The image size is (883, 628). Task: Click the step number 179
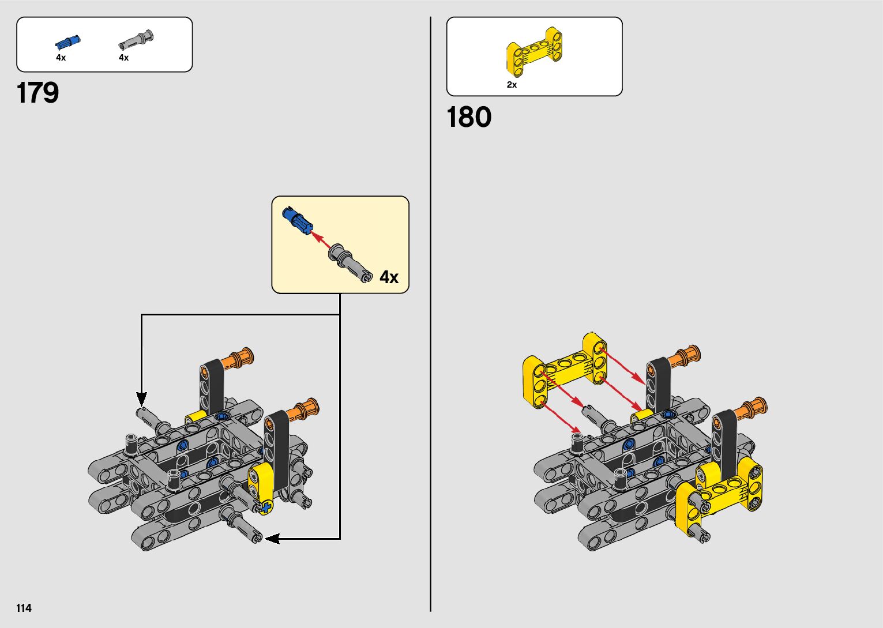click(x=38, y=93)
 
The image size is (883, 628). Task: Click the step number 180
click(x=469, y=117)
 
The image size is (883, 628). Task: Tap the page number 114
click(x=24, y=608)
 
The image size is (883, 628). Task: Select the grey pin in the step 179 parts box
click(x=137, y=40)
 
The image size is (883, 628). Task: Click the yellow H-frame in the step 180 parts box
click(x=534, y=52)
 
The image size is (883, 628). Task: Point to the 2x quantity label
click(x=512, y=85)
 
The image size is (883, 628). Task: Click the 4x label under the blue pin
click(x=61, y=58)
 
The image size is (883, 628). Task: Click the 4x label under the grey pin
click(x=123, y=58)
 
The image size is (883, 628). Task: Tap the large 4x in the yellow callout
click(x=389, y=277)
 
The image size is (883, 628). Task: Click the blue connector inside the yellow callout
click(x=297, y=220)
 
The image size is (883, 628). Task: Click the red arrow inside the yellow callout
click(x=322, y=240)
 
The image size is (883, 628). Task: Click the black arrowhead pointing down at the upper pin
click(x=141, y=398)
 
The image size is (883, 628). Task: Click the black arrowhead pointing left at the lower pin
click(x=271, y=539)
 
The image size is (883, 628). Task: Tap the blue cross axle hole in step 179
click(x=266, y=507)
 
